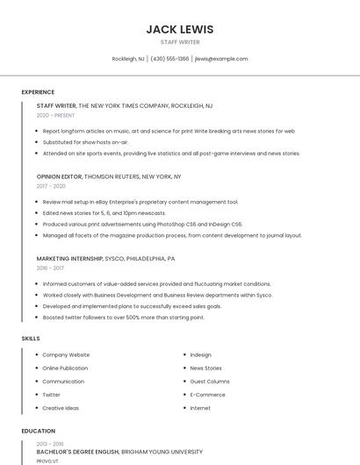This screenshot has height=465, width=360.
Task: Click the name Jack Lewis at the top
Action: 179,29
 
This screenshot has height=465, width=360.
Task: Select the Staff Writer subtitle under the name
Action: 179,42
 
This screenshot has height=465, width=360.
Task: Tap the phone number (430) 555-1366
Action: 169,59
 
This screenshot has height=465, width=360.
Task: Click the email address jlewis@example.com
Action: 221,59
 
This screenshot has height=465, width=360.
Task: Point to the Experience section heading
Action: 38,92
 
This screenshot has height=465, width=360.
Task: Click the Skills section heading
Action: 31,338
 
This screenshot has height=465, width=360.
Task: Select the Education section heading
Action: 38,431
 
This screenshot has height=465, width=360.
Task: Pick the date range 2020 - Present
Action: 55,115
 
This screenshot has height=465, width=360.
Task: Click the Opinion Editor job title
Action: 59,176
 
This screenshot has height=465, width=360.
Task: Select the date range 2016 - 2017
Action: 51,268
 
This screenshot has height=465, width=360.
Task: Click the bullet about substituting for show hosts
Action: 85,141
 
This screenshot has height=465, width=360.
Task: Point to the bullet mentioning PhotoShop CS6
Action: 141,224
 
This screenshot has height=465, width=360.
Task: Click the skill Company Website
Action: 66,354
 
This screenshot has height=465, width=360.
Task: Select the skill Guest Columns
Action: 210,381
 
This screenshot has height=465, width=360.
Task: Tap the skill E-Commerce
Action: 207,394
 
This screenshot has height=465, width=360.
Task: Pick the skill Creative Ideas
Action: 61,408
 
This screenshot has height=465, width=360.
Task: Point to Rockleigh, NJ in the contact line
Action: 128,59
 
